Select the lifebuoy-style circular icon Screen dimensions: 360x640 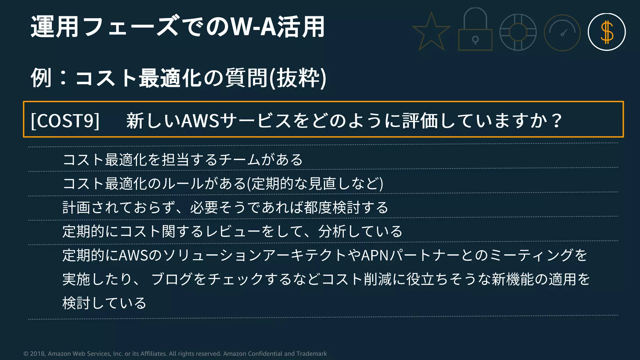point(518,32)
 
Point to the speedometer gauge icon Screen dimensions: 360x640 point(562,32)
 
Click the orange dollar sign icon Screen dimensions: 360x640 point(607,32)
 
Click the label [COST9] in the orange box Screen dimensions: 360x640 point(65,120)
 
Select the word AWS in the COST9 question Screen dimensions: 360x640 point(200,121)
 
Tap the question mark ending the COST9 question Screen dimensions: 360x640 point(557,121)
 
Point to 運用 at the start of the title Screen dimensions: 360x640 point(54,27)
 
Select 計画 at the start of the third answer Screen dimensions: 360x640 point(76,207)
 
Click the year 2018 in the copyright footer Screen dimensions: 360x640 point(38,354)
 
